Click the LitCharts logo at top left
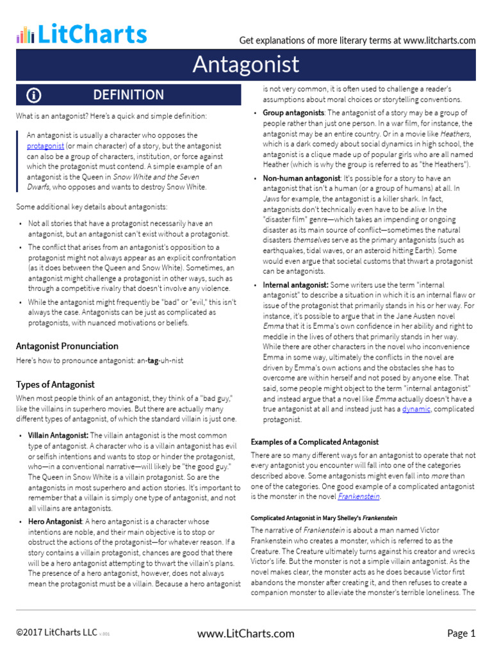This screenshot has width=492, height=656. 81,34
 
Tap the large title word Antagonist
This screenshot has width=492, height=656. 246,64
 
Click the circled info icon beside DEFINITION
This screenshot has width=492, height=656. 34,95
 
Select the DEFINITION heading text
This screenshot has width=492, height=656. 128,95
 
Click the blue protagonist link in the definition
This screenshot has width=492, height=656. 45,146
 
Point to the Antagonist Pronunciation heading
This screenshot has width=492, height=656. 67,346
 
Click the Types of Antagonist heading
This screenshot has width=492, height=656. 55,384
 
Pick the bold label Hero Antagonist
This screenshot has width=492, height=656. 55,521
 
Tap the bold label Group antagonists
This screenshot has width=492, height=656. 293,113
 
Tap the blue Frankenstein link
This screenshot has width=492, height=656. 361,496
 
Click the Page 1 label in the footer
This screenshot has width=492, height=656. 461,634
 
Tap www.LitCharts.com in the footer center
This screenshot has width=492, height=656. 246,634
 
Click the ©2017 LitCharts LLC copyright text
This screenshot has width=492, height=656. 56,634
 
